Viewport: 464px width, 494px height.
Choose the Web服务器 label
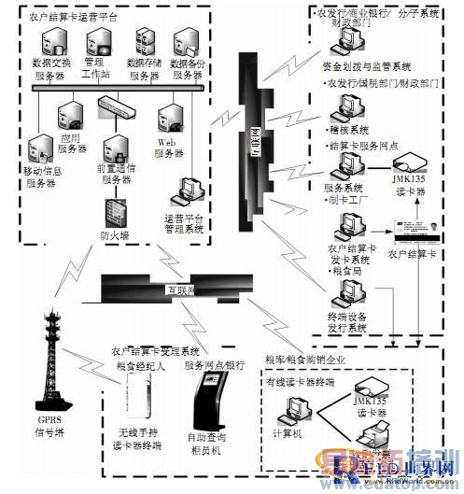click(x=167, y=147)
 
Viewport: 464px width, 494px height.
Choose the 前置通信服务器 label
click(x=122, y=174)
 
